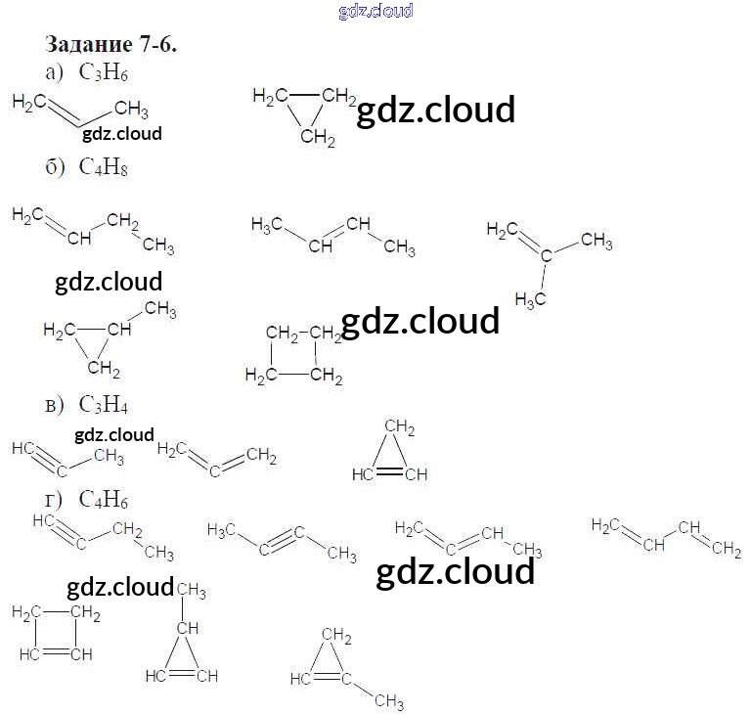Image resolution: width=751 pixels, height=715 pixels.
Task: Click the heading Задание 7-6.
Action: click(x=110, y=45)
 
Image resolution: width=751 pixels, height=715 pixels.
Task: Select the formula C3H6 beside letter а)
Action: click(x=105, y=71)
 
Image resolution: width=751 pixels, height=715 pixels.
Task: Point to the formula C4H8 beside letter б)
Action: click(x=105, y=167)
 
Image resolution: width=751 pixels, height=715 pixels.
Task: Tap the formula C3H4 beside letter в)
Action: click(x=105, y=404)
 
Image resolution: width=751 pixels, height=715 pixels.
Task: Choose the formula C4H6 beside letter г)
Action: click(x=105, y=501)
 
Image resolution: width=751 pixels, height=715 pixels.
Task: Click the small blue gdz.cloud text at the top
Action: click(x=375, y=11)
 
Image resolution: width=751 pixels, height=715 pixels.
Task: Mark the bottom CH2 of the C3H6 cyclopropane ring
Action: click(x=318, y=139)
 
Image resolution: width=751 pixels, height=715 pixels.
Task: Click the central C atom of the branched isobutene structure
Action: click(x=547, y=256)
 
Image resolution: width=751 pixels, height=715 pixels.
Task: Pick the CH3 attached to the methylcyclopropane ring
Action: click(x=160, y=311)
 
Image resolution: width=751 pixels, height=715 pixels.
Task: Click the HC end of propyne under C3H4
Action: click(x=24, y=448)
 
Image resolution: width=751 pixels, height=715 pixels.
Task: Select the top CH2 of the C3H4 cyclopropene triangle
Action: click(x=399, y=426)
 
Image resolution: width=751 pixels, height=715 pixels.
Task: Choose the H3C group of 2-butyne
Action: click(x=223, y=530)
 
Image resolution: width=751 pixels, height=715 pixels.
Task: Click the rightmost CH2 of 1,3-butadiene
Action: click(x=726, y=550)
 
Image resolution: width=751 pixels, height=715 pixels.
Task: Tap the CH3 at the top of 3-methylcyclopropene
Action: click(x=191, y=590)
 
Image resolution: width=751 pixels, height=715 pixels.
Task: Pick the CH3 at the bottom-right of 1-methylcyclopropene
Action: click(x=388, y=700)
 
